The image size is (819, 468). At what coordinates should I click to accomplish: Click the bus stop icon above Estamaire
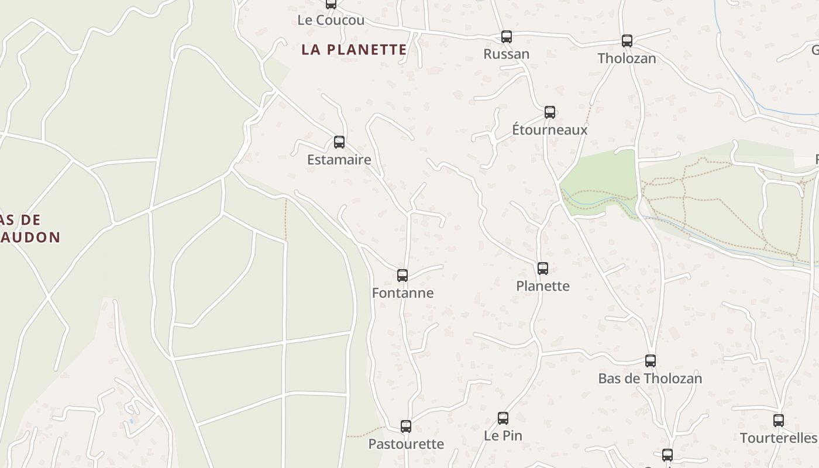339,142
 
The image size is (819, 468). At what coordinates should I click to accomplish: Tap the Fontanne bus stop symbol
402,275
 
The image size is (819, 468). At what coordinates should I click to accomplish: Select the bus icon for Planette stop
543,268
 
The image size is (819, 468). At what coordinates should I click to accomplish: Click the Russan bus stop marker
507,37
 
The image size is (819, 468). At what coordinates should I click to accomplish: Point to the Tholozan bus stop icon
627,40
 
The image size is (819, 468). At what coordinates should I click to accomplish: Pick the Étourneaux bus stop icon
550,112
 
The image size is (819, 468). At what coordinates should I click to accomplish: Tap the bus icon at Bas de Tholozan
651,360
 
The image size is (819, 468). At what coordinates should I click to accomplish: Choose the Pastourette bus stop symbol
406,426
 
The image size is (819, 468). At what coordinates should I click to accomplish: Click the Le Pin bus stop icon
503,418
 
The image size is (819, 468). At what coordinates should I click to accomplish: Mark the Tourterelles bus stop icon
779,420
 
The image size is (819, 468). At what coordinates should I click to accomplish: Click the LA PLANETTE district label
354,50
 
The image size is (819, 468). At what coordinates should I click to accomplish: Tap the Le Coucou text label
331,20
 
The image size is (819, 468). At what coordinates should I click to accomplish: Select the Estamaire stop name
339,160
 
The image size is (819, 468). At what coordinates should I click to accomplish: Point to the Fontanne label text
403,293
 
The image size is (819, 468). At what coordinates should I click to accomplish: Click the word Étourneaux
550,130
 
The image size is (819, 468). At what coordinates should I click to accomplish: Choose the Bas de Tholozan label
650,378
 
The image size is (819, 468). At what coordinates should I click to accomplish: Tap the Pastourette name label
406,444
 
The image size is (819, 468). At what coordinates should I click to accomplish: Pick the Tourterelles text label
778,438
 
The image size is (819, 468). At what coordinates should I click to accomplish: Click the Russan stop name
507,54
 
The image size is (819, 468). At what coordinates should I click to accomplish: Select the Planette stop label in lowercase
543,286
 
